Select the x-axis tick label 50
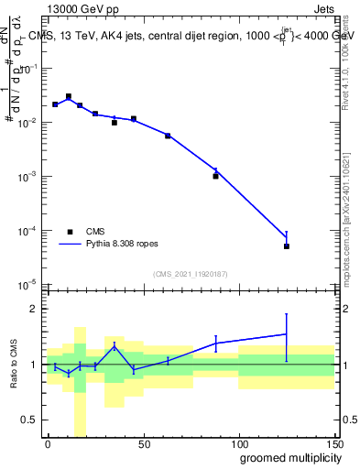click(144, 443)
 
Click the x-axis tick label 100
click(239, 443)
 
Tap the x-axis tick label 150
click(334, 443)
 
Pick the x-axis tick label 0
click(48, 443)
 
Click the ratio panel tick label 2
click(34, 309)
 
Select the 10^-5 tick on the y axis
click(27, 284)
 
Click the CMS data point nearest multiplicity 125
click(287, 246)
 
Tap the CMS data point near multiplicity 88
click(215, 176)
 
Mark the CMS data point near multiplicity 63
click(168, 136)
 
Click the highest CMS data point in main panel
click(69, 96)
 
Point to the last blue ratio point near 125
click(287, 333)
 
